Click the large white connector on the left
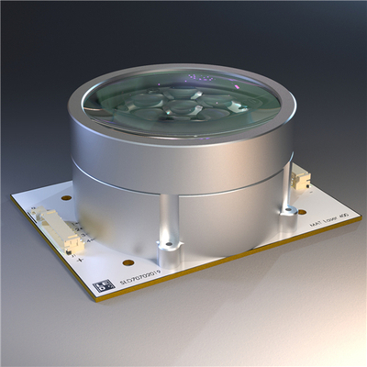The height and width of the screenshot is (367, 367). pyautogui.click(x=57, y=229)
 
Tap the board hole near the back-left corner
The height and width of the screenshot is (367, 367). pyautogui.click(x=66, y=197)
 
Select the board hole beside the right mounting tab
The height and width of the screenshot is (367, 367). pyautogui.click(x=301, y=210)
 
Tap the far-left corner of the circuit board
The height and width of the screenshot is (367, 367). pyautogui.click(x=14, y=195)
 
